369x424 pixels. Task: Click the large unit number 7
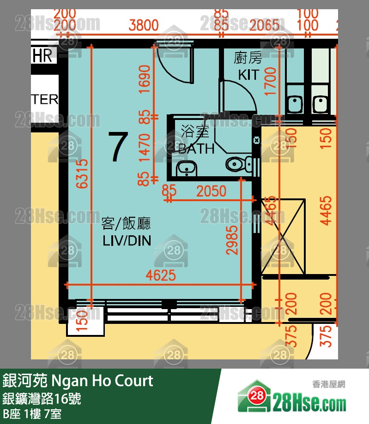tap(117, 147)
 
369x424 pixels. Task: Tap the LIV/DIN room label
tap(126, 232)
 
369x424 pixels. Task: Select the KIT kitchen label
tap(248, 67)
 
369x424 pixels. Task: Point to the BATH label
tap(196, 149)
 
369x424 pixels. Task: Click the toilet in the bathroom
tap(238, 164)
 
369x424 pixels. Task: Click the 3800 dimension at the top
tap(143, 25)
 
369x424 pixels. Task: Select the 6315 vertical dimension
tap(82, 174)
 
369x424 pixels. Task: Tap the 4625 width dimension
tap(161, 275)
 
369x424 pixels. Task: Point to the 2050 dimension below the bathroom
tap(211, 191)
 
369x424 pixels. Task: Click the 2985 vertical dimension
tap(233, 240)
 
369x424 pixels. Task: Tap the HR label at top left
tap(42, 56)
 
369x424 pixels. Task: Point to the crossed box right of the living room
tap(282, 237)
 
